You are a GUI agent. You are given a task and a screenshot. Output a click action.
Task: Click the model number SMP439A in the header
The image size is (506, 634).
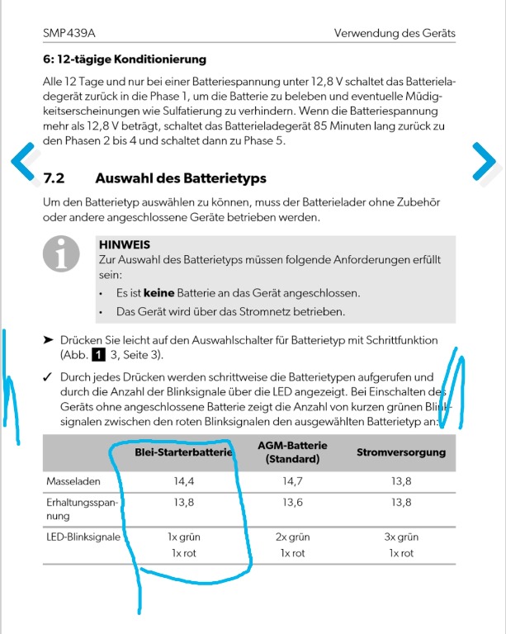pyautogui.click(x=69, y=33)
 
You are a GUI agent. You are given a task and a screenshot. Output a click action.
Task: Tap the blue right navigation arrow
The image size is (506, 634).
pyautogui.click(x=485, y=162)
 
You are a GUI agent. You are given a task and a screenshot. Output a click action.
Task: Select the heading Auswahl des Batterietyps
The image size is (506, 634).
pyautogui.click(x=181, y=178)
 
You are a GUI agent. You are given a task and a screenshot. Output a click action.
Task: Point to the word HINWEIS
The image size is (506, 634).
pyautogui.click(x=124, y=244)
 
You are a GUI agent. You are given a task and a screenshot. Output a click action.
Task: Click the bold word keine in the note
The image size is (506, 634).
pyautogui.click(x=156, y=293)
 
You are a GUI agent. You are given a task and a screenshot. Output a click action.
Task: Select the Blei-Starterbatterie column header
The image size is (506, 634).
pyautogui.click(x=184, y=452)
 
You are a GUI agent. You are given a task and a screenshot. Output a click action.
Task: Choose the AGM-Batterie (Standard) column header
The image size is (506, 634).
pyautogui.click(x=292, y=452)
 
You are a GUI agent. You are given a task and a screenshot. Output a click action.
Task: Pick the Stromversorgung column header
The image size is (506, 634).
pyautogui.click(x=401, y=452)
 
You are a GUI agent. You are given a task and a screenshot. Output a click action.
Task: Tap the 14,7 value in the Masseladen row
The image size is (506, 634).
pyautogui.click(x=292, y=480)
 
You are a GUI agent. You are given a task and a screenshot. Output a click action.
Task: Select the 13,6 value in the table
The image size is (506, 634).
pyautogui.click(x=292, y=502)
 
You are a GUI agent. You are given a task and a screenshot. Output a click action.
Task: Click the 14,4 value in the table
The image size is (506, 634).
pyautogui.click(x=183, y=480)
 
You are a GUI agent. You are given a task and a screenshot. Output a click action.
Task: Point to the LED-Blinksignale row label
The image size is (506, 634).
pyautogui.click(x=83, y=537)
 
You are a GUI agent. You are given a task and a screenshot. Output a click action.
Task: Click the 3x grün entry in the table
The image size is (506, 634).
pyautogui.click(x=401, y=537)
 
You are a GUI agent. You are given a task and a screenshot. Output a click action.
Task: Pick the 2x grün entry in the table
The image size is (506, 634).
pyautogui.click(x=292, y=537)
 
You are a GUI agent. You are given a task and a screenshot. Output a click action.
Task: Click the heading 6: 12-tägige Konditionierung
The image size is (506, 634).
pyautogui.click(x=124, y=59)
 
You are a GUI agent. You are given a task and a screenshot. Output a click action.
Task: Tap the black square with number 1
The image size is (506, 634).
pyautogui.click(x=97, y=355)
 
